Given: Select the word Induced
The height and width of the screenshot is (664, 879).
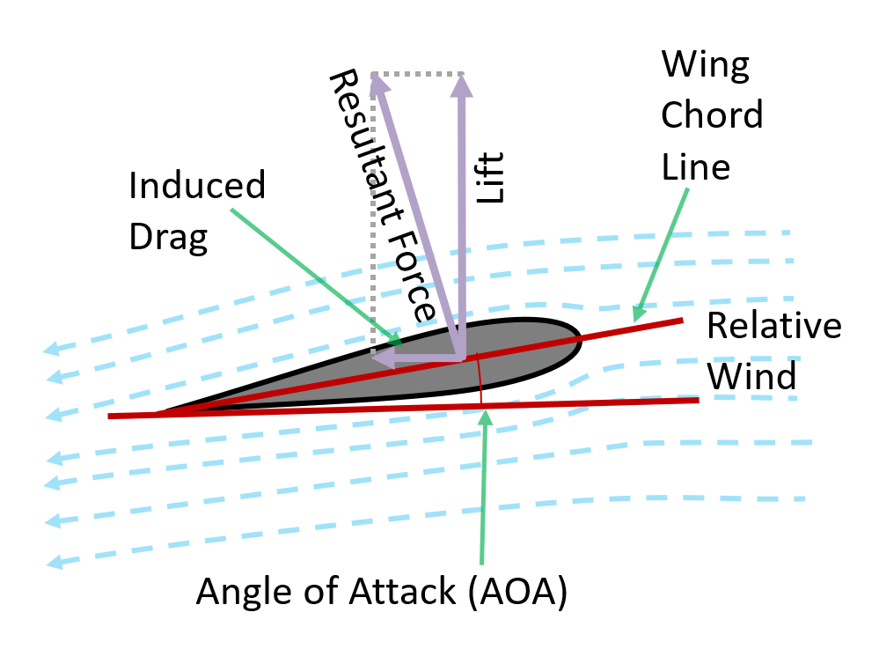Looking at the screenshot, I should [x=196, y=187].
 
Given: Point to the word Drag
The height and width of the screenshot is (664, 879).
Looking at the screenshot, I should [x=168, y=238].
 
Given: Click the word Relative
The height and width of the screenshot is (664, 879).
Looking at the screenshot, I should [x=773, y=326].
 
